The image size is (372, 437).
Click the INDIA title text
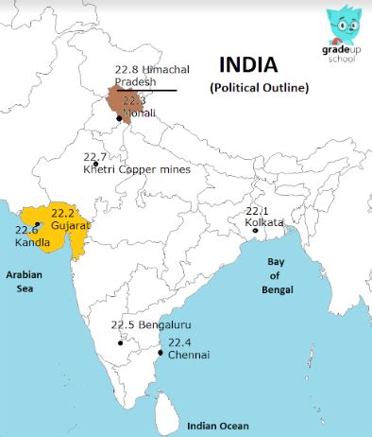pos(248,64)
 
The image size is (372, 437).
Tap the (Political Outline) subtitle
pos(259,88)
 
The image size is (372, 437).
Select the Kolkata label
pos(264,223)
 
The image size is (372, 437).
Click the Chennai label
pos(189,355)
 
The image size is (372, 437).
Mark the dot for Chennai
pos(161,354)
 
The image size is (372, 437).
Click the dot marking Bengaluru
pos(121,341)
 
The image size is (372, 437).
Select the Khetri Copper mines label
pos(136,170)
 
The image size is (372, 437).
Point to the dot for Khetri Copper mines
pos(95,164)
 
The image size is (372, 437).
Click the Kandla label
pos(33,243)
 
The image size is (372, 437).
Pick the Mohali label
pos(140,113)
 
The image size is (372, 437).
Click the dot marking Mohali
pos(119,117)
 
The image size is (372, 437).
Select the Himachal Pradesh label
pos(151,76)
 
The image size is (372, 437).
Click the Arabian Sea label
pos(25,281)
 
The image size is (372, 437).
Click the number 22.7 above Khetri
pos(95,156)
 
